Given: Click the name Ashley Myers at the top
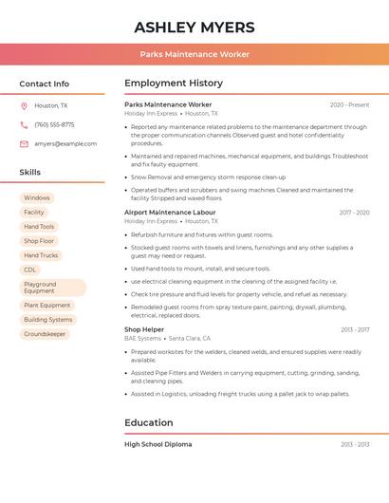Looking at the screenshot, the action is click(194, 27).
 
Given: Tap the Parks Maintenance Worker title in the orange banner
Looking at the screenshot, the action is click(194, 54).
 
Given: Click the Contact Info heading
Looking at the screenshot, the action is click(45, 84).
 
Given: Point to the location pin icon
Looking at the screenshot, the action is click(24, 106).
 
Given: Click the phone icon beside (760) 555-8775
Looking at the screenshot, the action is click(24, 125).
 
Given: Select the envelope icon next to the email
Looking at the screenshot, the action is click(24, 144).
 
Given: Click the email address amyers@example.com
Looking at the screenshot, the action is click(65, 144).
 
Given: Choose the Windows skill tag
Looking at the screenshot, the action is click(37, 198).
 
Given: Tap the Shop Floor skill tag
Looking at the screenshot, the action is click(39, 241).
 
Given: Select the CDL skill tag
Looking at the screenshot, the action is click(30, 270).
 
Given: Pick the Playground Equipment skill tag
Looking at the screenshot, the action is click(52, 288).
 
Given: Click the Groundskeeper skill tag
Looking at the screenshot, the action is click(45, 334).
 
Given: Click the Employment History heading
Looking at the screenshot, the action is click(174, 84).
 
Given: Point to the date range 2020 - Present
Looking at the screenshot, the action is click(349, 105).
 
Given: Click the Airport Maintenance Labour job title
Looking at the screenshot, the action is click(170, 213).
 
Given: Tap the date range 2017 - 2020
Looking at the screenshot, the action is click(354, 213).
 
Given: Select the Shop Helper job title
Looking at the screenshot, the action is click(144, 329).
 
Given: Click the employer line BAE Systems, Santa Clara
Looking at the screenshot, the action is click(167, 339).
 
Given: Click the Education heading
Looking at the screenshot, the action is click(149, 423).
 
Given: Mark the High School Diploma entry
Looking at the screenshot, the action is click(157, 444).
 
